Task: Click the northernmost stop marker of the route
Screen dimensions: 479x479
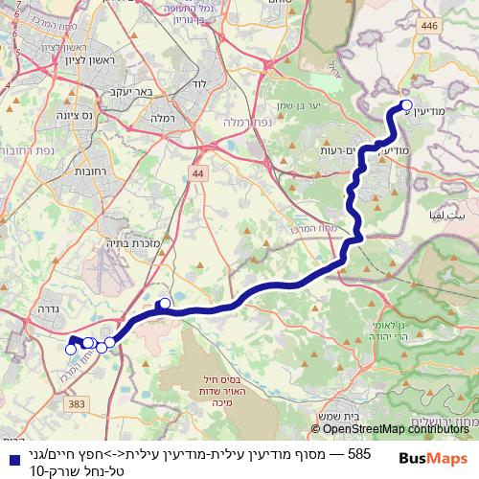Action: (x=406, y=105)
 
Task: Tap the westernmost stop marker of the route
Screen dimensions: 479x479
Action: (x=70, y=350)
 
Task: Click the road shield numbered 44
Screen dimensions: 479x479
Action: (x=197, y=172)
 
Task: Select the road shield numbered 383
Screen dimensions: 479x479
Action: (x=77, y=406)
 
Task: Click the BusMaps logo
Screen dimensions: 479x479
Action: (x=433, y=458)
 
